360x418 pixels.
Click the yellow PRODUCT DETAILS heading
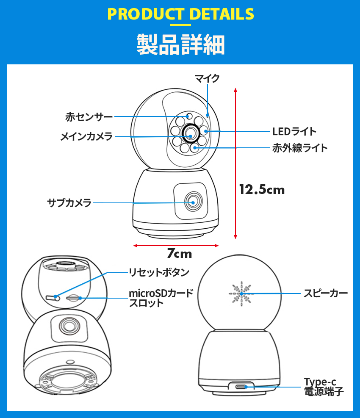click(x=181, y=14)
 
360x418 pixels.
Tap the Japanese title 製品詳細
click(x=180, y=44)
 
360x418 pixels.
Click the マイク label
click(x=207, y=78)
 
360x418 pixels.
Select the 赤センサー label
click(x=89, y=116)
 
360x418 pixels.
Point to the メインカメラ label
click(x=86, y=136)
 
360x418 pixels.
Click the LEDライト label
click(x=294, y=131)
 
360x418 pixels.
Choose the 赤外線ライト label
click(x=300, y=148)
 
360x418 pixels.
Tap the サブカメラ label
click(x=69, y=203)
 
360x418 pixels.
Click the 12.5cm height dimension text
click(x=262, y=189)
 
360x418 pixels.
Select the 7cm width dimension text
click(x=179, y=254)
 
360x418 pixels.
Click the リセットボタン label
click(x=159, y=272)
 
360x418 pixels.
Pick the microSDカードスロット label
click(x=161, y=298)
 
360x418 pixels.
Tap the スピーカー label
click(x=325, y=293)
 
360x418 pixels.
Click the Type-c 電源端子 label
click(x=324, y=387)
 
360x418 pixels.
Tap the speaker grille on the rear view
click(x=240, y=293)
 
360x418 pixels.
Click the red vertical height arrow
click(x=235, y=163)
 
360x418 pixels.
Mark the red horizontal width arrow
click(x=176, y=245)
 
